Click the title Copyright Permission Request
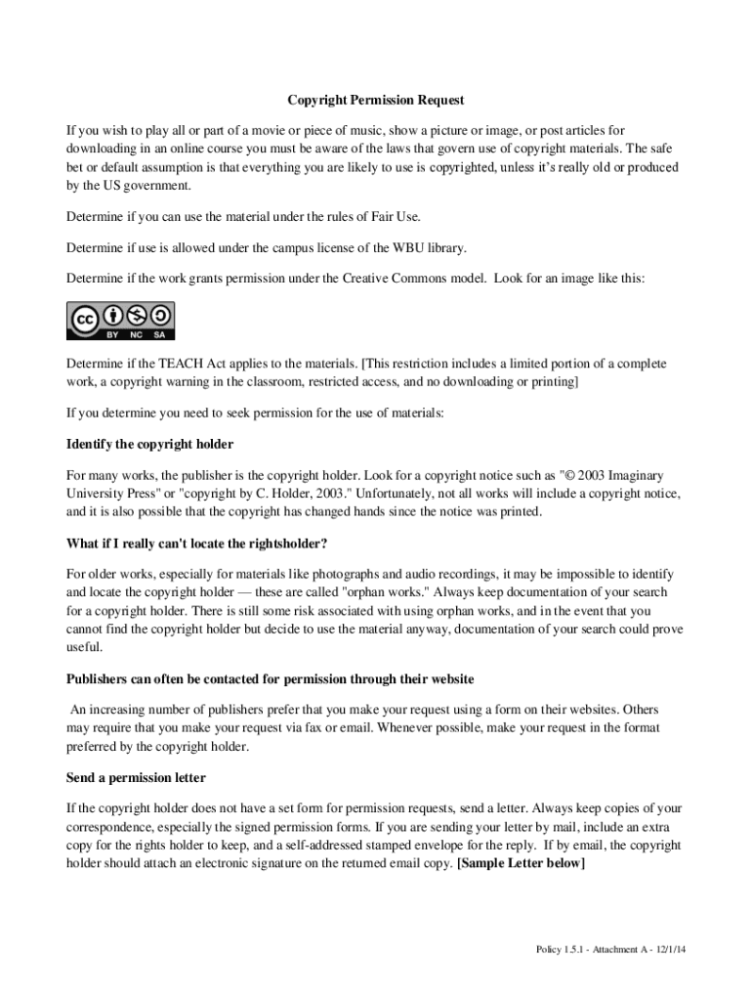[x=376, y=100]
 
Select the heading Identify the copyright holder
[x=149, y=444]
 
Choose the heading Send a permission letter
[x=136, y=778]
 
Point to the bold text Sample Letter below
[x=522, y=863]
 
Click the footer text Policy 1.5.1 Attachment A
[x=617, y=949]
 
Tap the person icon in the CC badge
[x=115, y=315]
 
